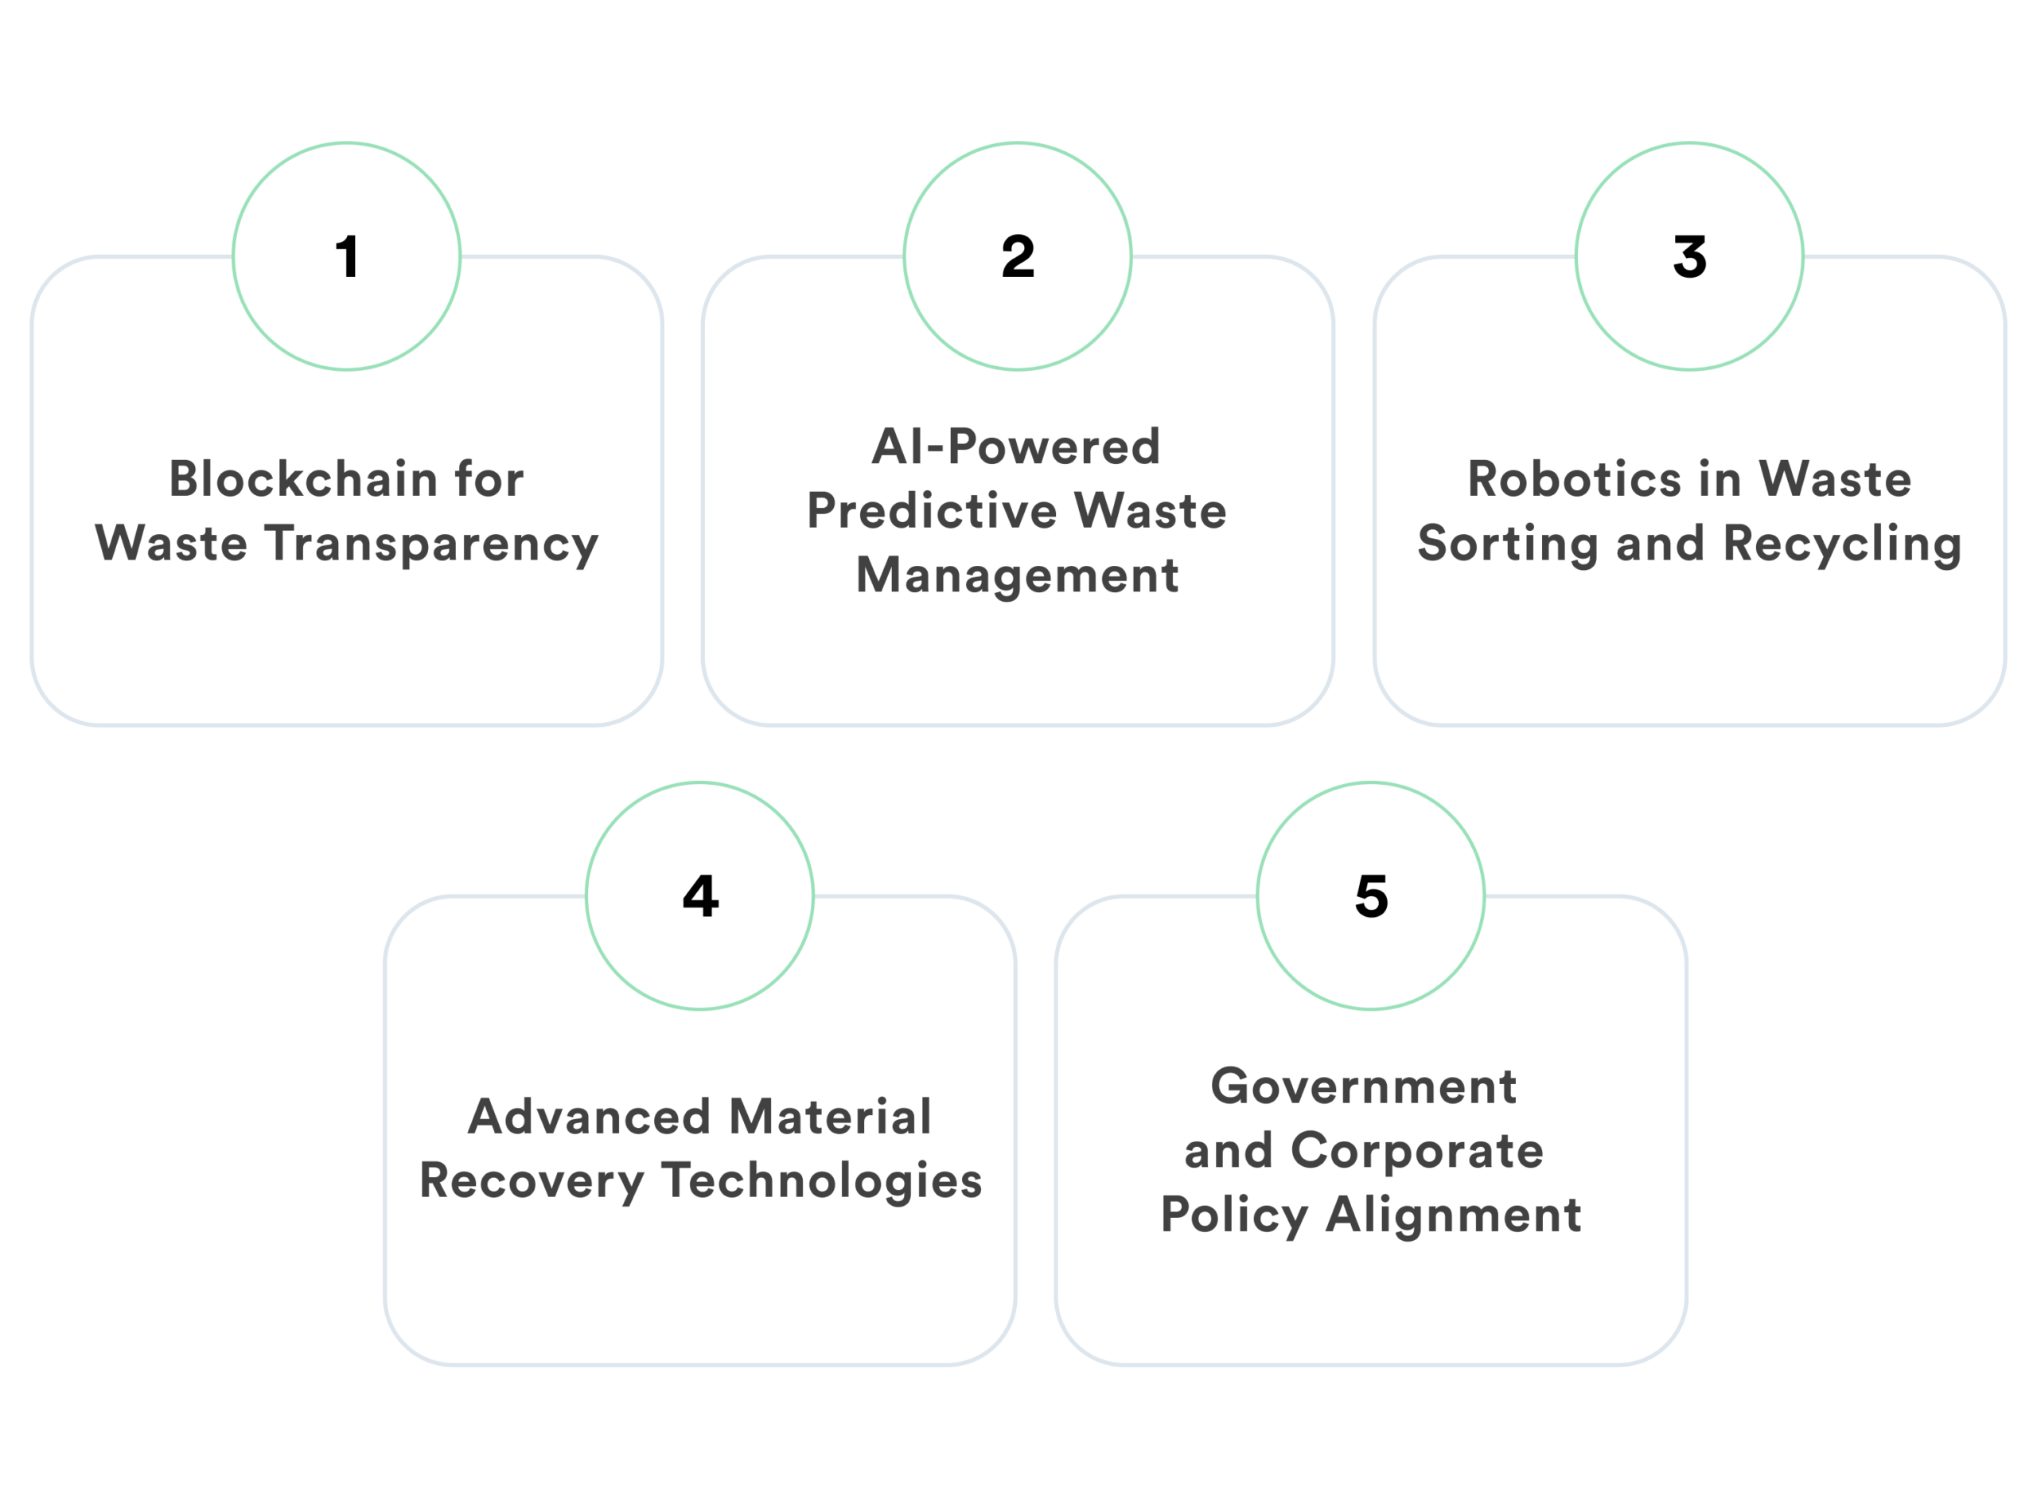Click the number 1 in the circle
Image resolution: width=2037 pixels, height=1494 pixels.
pyautogui.click(x=347, y=257)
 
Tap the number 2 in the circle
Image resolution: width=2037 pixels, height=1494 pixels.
pyautogui.click(x=1018, y=257)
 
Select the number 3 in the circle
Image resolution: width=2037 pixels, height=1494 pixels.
pyautogui.click(x=1689, y=257)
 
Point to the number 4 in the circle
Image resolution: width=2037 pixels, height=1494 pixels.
pyautogui.click(x=701, y=896)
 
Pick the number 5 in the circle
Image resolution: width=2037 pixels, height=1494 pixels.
pyautogui.click(x=1372, y=896)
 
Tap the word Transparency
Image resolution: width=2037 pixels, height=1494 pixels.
pyautogui.click(x=432, y=544)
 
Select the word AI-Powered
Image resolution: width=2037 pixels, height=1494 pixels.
pyautogui.click(x=1016, y=447)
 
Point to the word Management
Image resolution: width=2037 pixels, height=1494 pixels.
pyautogui.click(x=1017, y=575)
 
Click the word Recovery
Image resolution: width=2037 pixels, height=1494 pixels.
pyautogui.click(x=532, y=1182)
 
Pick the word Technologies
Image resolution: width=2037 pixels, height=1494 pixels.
pyautogui.click(x=821, y=1181)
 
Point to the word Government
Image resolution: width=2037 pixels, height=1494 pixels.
pyautogui.click(x=1363, y=1086)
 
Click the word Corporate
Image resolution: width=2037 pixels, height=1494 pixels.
pyautogui.click(x=1417, y=1150)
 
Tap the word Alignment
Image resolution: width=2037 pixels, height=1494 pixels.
pyautogui.click(x=1454, y=1215)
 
